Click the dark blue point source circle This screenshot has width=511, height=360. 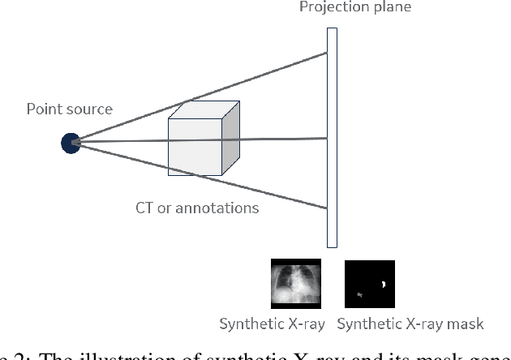tap(71, 144)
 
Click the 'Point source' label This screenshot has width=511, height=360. tap(70, 109)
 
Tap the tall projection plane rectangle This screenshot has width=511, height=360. tap(332, 138)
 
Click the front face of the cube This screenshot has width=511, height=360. tap(195, 147)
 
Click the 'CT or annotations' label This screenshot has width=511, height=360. tap(197, 208)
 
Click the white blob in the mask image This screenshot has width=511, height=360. tap(382, 284)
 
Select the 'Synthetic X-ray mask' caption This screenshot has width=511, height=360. tap(410, 324)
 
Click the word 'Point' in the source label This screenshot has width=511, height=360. tap(43, 109)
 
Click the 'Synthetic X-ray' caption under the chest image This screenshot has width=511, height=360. tap(272, 324)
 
